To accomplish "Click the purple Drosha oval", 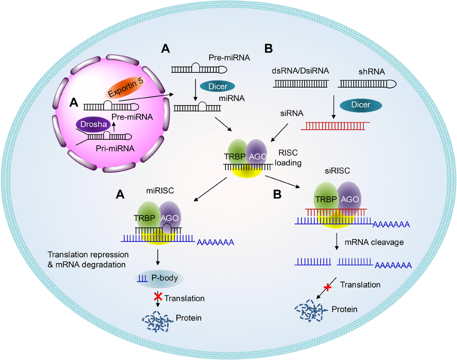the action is (93, 124).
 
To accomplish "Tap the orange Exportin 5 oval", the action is (125, 87).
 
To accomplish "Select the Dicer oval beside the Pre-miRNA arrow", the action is (217, 86).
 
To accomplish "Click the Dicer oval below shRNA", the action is (361, 105).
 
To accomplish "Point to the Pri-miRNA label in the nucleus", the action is (115, 148).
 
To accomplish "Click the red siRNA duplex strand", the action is (335, 126).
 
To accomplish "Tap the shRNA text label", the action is (372, 72).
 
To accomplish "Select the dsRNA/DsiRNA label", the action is (300, 71).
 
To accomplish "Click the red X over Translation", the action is (158, 296).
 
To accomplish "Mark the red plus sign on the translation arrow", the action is (328, 288).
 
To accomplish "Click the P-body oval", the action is (159, 278).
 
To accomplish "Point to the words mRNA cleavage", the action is (374, 242).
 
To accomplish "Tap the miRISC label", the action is (160, 191).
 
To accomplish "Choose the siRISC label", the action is (337, 170).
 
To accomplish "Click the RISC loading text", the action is (288, 158).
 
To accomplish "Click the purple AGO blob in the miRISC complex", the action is (170, 217).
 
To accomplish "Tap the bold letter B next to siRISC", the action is (277, 194).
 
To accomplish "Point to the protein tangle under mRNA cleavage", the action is (308, 310).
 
